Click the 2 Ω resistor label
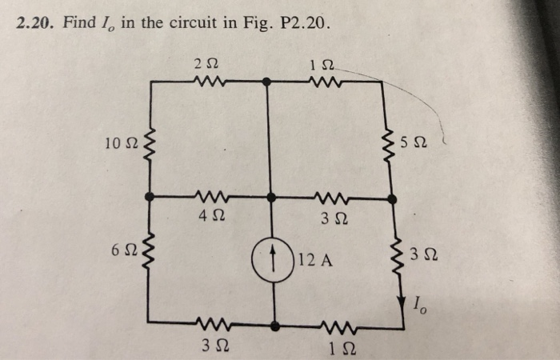(204, 62)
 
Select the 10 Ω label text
(120, 143)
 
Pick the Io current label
(419, 302)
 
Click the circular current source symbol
(274, 258)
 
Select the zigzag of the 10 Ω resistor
(150, 145)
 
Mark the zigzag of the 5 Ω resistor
(392, 145)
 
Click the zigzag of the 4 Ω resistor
(212, 197)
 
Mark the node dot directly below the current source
(274, 326)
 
